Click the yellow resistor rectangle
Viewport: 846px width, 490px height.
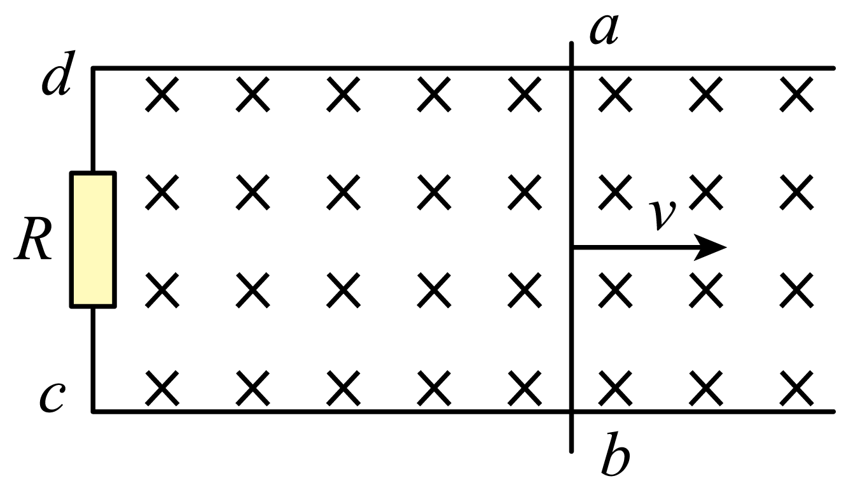[x=93, y=240]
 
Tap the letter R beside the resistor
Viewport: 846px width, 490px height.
[x=33, y=239]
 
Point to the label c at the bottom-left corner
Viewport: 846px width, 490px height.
[x=52, y=398]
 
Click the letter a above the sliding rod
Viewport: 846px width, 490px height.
[x=604, y=31]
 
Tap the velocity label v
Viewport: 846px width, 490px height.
[x=662, y=214]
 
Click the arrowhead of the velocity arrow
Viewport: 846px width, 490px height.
[x=710, y=248]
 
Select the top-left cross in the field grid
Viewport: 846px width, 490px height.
[x=162, y=94]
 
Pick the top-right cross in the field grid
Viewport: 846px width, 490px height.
[x=796, y=94]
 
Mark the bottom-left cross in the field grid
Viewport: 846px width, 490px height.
[x=162, y=388]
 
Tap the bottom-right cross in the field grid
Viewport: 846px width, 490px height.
[x=796, y=388]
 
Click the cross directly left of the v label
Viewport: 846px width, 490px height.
[x=615, y=192]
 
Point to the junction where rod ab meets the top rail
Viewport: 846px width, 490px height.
[x=571, y=68]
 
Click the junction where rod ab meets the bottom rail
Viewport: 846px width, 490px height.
[x=571, y=412]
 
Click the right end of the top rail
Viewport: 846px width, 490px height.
[x=833, y=68]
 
